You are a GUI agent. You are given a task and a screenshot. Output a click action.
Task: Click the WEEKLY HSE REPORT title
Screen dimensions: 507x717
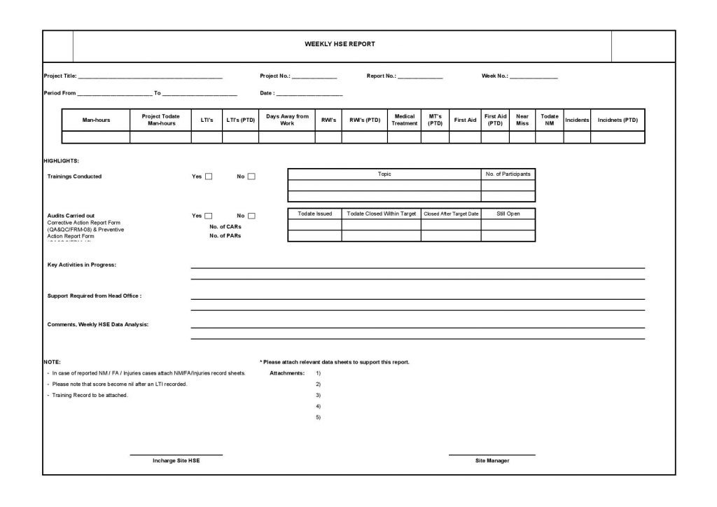pos(340,44)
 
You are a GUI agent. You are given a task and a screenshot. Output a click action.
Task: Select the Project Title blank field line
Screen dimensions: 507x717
pos(151,76)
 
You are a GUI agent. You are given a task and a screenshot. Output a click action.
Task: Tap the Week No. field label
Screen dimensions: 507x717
pos(494,76)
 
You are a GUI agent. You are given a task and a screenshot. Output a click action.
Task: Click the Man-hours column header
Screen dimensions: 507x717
pos(96,120)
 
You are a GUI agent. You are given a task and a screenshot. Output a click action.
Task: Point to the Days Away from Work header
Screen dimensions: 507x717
pos(287,120)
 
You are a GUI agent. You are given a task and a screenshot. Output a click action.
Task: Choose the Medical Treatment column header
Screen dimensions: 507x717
pos(405,120)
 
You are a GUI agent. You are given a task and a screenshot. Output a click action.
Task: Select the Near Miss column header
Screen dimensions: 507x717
pos(522,120)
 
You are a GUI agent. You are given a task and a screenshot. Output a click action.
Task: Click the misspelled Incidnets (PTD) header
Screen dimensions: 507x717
pos(618,120)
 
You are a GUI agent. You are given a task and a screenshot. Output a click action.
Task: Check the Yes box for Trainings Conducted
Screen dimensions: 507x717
pos(209,176)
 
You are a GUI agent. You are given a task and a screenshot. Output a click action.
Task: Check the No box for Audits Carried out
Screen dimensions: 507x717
pos(251,216)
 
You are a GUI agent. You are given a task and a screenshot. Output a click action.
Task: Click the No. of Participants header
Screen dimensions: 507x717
pos(508,174)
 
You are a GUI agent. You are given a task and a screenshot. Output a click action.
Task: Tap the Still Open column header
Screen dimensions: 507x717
pos(508,213)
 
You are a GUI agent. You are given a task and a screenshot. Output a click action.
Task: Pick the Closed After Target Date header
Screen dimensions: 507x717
pos(451,214)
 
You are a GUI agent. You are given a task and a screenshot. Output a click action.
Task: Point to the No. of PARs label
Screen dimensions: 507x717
pos(225,236)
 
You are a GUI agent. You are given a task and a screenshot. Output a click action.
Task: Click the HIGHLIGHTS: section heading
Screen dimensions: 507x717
pos(61,161)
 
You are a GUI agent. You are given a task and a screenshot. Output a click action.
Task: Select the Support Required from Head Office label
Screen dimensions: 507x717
pos(95,296)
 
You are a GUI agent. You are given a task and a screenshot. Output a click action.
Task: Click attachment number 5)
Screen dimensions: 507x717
pos(319,417)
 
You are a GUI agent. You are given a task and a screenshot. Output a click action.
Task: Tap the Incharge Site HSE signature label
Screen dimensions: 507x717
pos(176,460)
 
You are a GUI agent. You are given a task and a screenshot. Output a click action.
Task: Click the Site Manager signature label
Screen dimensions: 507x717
pos(492,460)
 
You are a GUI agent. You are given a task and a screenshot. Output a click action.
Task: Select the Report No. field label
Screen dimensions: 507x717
pos(382,76)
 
